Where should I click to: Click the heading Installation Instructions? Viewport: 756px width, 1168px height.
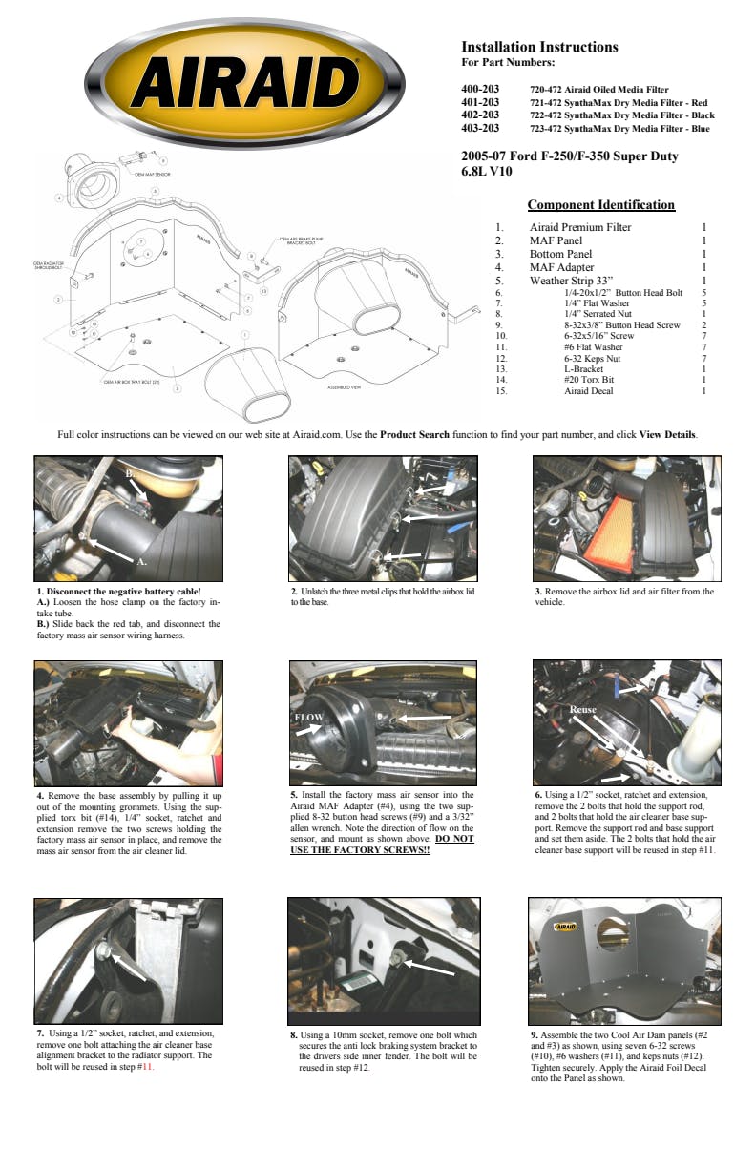[x=539, y=47]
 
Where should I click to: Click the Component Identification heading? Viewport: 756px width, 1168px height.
[x=600, y=205]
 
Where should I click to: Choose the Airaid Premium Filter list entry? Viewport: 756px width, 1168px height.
[x=579, y=228]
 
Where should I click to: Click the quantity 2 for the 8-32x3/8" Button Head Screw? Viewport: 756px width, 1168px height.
[x=703, y=325]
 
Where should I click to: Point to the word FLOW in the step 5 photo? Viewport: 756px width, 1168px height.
[x=309, y=717]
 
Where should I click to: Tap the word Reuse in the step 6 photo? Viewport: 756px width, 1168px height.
[x=582, y=711]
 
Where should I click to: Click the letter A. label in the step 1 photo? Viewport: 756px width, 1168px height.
[x=141, y=561]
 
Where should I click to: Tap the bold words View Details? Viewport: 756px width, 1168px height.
[x=667, y=434]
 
